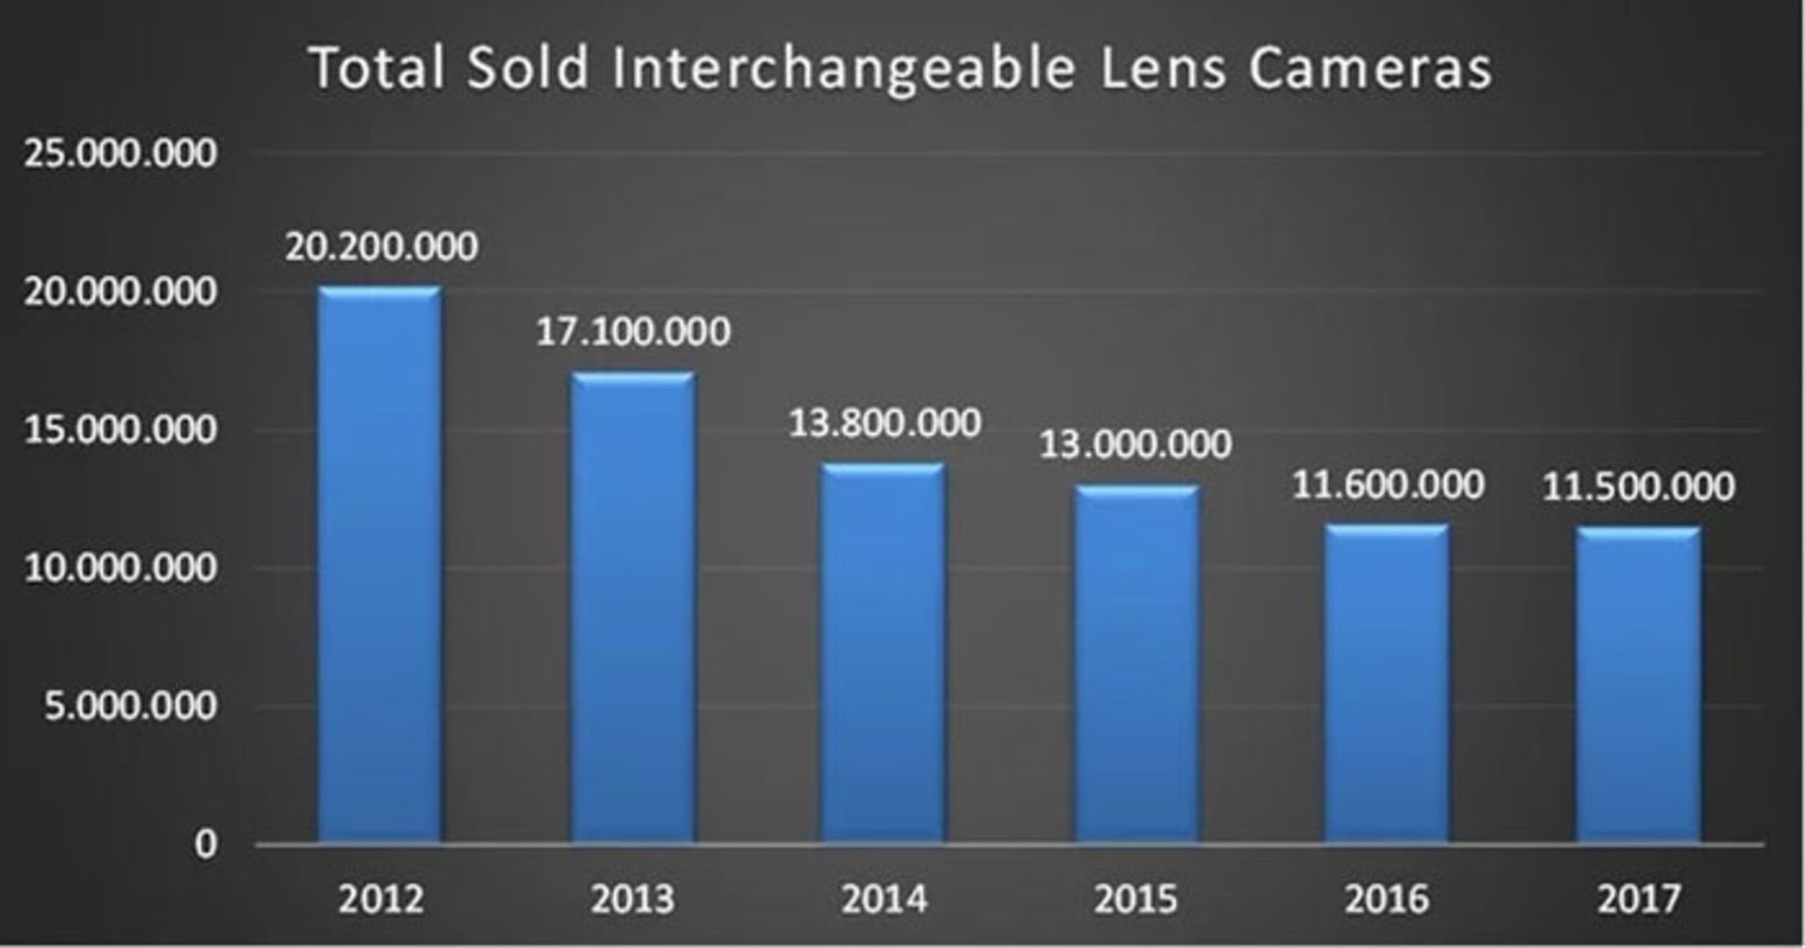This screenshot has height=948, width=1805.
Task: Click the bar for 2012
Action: pos(380,564)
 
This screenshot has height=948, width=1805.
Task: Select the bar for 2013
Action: pos(633,607)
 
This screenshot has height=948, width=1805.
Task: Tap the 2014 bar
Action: pos(884,652)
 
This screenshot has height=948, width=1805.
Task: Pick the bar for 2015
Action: pos(1137,663)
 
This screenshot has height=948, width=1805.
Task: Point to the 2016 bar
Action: pos(1387,683)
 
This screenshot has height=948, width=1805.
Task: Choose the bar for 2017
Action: pos(1639,685)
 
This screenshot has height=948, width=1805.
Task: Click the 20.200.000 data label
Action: pos(381,246)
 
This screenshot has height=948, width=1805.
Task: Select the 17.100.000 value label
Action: pos(633,332)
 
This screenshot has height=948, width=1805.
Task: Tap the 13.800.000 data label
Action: pos(884,423)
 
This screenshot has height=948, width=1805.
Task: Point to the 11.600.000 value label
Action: pos(1388,485)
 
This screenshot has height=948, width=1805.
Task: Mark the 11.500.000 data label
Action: pos(1639,487)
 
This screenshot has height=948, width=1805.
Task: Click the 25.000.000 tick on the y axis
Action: pos(120,153)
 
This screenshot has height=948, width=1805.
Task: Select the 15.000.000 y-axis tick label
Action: pos(120,429)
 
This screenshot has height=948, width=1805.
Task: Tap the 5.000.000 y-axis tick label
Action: pos(130,706)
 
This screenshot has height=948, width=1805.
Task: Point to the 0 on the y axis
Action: pos(206,844)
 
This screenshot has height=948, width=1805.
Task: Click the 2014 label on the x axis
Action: pos(884,899)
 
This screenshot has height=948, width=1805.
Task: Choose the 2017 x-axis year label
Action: pos(1639,899)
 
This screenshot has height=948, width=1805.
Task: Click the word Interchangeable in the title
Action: pos(843,70)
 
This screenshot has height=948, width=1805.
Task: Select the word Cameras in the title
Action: pos(1370,69)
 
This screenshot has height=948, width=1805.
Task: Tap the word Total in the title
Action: pos(377,69)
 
